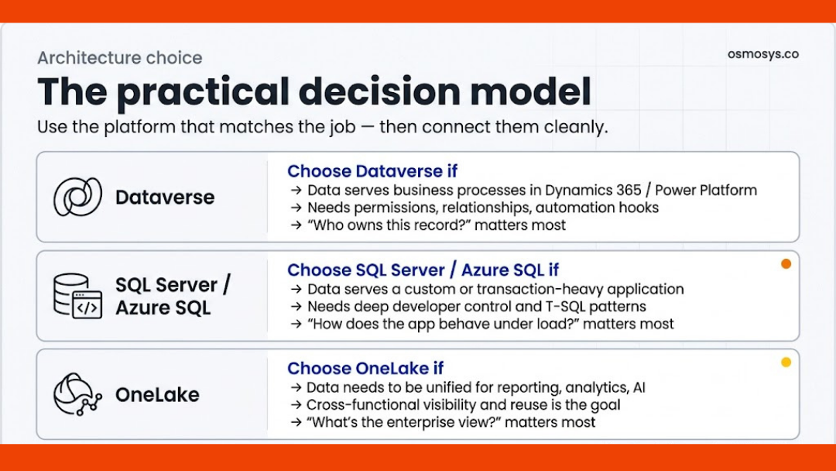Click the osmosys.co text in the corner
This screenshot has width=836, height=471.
coord(762,54)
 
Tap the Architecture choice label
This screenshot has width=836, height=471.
coord(119,58)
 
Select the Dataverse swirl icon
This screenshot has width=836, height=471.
coord(77,197)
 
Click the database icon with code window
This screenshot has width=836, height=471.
coord(77,295)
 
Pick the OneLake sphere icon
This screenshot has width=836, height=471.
coord(77,394)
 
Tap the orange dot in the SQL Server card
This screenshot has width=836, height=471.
coord(786,264)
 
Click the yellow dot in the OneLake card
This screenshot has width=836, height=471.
coord(786,362)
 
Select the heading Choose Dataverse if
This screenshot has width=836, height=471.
coord(372,171)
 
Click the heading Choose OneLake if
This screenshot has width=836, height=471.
coord(365,368)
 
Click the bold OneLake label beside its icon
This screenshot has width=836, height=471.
coord(157,394)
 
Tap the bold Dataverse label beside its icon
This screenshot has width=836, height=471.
coord(164,198)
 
